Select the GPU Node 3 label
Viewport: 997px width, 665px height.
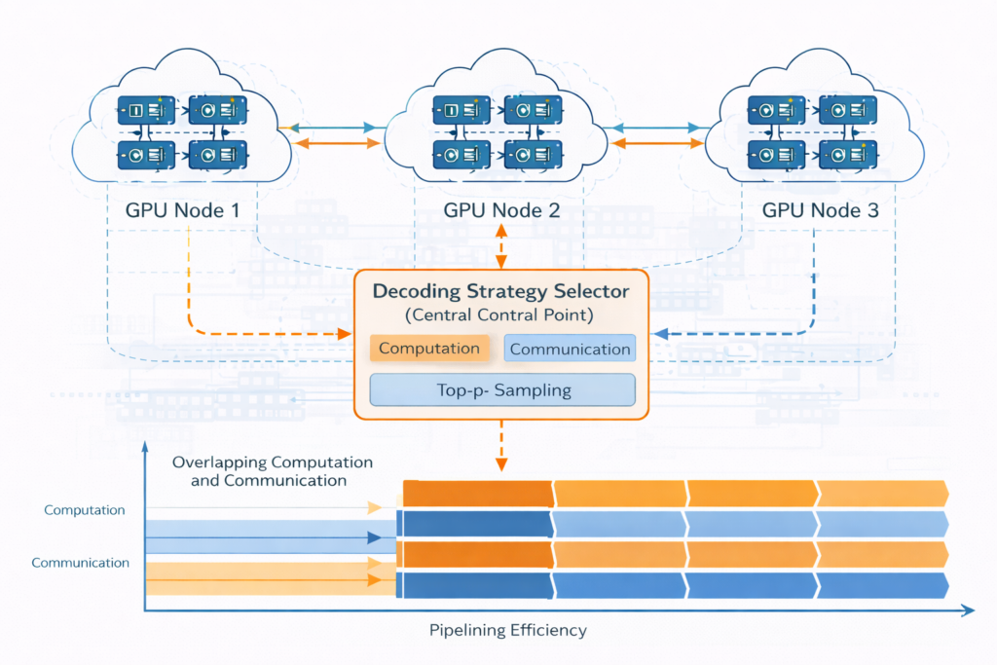pos(812,210)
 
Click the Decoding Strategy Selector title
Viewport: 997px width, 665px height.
pos(500,291)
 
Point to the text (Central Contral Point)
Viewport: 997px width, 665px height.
pos(500,314)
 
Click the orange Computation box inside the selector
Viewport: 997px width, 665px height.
pos(429,349)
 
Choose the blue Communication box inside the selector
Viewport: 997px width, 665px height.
pos(571,349)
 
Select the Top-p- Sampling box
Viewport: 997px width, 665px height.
pos(502,389)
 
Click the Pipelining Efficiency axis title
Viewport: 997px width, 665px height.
pos(508,630)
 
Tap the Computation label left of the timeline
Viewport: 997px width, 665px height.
pos(85,510)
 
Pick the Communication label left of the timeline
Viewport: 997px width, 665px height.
pos(81,563)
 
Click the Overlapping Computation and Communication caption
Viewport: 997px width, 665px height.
pos(272,471)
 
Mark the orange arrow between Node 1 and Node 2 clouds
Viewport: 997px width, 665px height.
pos(336,144)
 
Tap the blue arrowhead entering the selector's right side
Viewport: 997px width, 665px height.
pos(659,334)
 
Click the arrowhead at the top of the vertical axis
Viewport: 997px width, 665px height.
pos(146,447)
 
